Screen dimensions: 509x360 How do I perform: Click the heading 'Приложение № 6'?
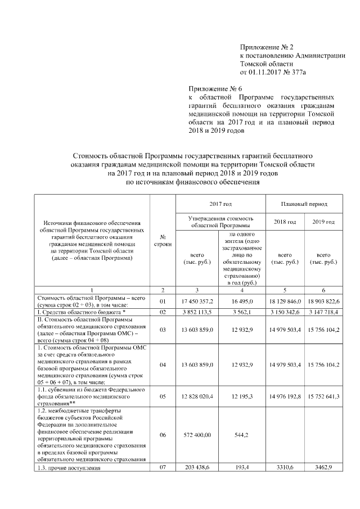coord(214,89)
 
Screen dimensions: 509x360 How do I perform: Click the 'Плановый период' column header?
coord(304,204)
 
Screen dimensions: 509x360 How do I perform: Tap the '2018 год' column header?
coord(284,222)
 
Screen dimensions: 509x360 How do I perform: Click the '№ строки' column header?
coord(163,241)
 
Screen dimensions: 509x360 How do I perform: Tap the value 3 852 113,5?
coord(197,311)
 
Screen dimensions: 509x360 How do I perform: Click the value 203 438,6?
coord(197,467)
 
